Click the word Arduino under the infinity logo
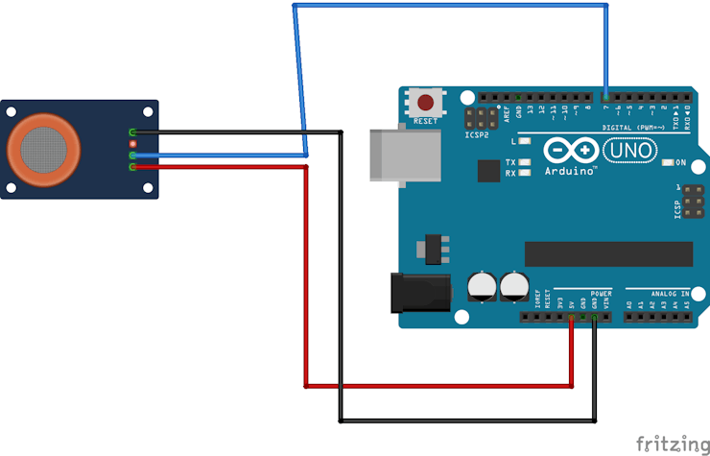[570, 170]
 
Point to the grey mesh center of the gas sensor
[43, 146]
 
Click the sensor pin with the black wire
[132, 132]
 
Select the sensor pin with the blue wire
[132, 155]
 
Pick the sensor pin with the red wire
[132, 166]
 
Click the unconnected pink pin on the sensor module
[132, 143]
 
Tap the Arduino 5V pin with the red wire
[572, 317]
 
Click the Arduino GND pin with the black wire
[595, 317]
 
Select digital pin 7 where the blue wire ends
[606, 97]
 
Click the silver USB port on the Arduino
[403, 155]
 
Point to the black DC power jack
[420, 292]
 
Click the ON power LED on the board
[668, 162]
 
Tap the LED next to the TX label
[525, 162]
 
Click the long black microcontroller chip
[608, 253]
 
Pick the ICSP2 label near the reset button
[477, 134]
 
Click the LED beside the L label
[525, 141]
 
